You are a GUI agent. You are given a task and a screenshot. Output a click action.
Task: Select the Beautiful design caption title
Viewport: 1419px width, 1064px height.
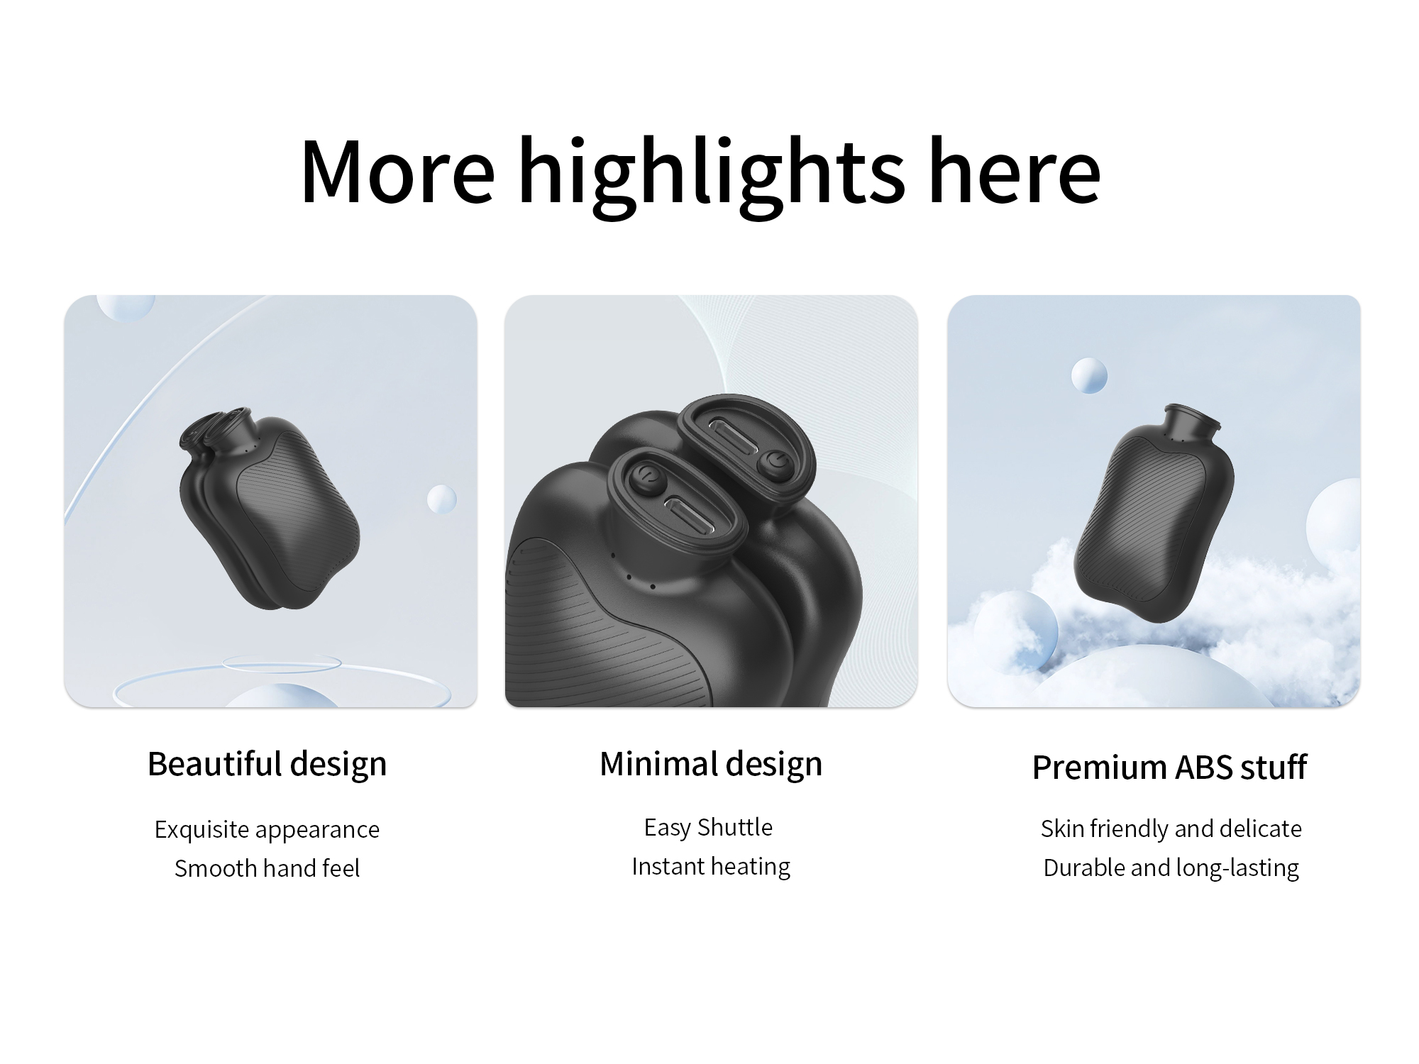(267, 765)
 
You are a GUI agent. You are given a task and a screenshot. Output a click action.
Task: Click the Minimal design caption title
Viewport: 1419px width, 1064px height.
(711, 765)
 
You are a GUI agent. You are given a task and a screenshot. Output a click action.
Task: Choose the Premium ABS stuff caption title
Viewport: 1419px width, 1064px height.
(1169, 767)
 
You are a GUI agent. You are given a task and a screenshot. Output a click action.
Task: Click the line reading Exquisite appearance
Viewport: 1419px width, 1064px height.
(267, 830)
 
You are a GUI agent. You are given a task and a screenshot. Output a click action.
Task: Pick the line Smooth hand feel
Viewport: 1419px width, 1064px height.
(267, 868)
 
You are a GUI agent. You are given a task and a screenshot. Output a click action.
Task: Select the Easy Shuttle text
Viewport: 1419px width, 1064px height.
(708, 827)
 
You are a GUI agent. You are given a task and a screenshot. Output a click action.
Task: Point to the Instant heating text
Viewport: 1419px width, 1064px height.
(711, 867)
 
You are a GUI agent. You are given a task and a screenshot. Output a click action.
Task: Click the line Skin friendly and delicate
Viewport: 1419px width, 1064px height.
(1171, 829)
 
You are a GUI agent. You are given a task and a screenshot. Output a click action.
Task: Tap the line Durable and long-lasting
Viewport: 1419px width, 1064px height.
(1171, 868)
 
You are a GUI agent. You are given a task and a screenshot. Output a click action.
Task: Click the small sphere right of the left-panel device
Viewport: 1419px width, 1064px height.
(442, 499)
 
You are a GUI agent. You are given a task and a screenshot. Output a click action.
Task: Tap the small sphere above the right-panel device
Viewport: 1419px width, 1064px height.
(1089, 375)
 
